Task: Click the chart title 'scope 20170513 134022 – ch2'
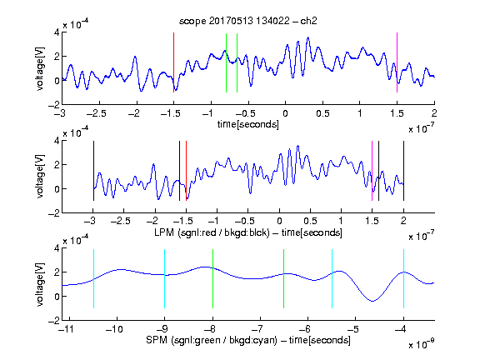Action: click(x=248, y=21)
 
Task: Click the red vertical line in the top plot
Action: click(x=173, y=62)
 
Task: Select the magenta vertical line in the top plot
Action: click(x=397, y=62)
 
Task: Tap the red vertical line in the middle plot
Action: click(x=186, y=171)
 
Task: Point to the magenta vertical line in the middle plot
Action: click(x=372, y=171)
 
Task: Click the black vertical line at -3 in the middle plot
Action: click(x=93, y=171)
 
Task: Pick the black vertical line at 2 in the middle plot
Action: click(x=403, y=171)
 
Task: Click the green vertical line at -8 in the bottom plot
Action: click(x=212, y=278)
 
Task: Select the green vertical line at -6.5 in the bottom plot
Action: click(x=284, y=278)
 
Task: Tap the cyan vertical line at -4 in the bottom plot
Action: click(x=403, y=278)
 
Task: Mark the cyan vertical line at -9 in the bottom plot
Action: click(x=165, y=278)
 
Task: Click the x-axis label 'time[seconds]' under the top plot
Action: click(x=248, y=125)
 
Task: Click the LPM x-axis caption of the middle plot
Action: click(x=248, y=232)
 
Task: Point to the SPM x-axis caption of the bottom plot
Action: click(x=248, y=340)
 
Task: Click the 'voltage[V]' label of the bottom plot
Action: click(x=40, y=284)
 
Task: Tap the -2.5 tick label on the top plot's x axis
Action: click(x=96, y=113)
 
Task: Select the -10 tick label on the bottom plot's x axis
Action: click(x=114, y=329)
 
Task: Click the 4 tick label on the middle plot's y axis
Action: click(x=57, y=141)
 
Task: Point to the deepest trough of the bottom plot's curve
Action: click(x=372, y=301)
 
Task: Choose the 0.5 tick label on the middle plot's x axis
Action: click(x=310, y=221)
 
